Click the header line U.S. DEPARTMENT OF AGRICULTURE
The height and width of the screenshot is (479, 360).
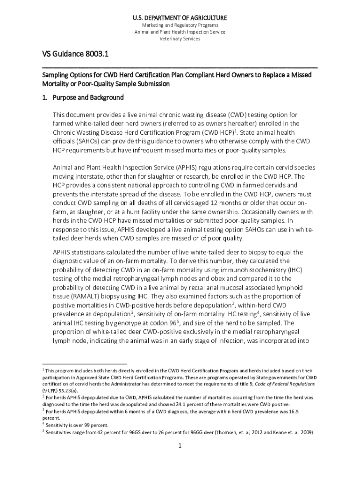click(180, 18)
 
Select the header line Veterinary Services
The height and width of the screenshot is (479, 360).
click(180, 39)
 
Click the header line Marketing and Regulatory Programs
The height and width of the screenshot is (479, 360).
click(180, 25)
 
